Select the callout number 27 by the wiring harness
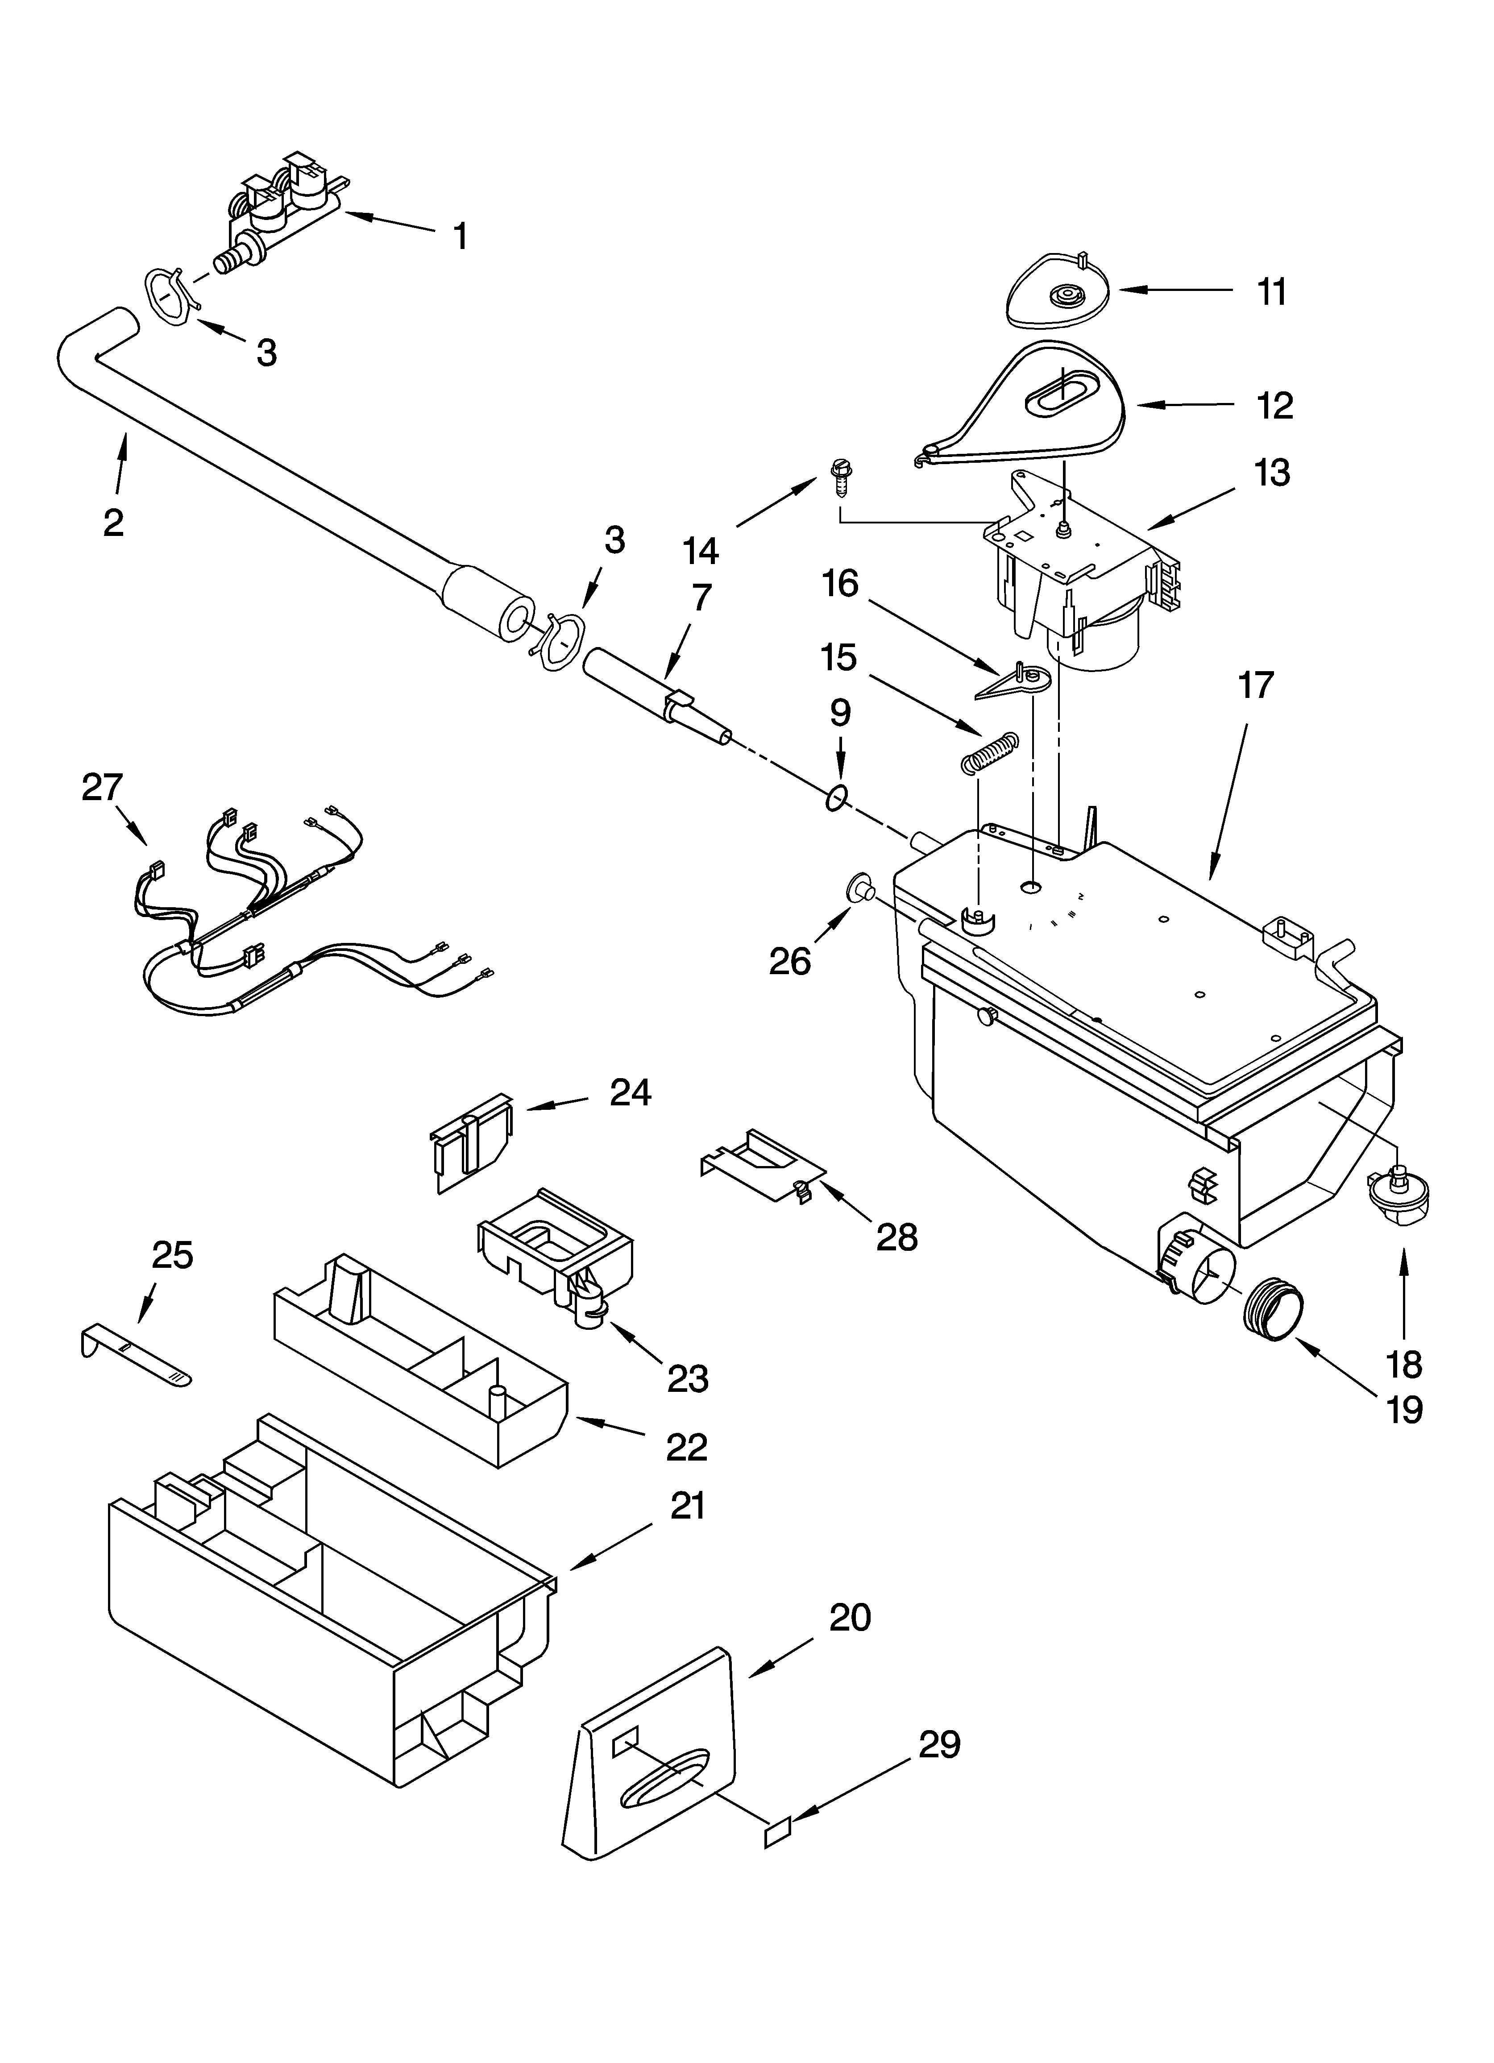point(102,788)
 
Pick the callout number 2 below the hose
point(113,522)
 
